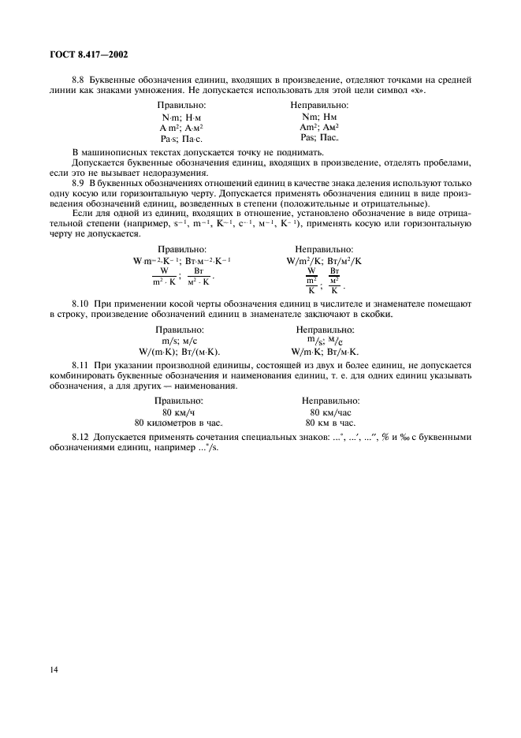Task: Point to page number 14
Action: point(53,669)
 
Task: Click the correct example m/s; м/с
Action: point(180,341)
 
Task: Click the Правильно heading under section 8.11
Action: point(180,400)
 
